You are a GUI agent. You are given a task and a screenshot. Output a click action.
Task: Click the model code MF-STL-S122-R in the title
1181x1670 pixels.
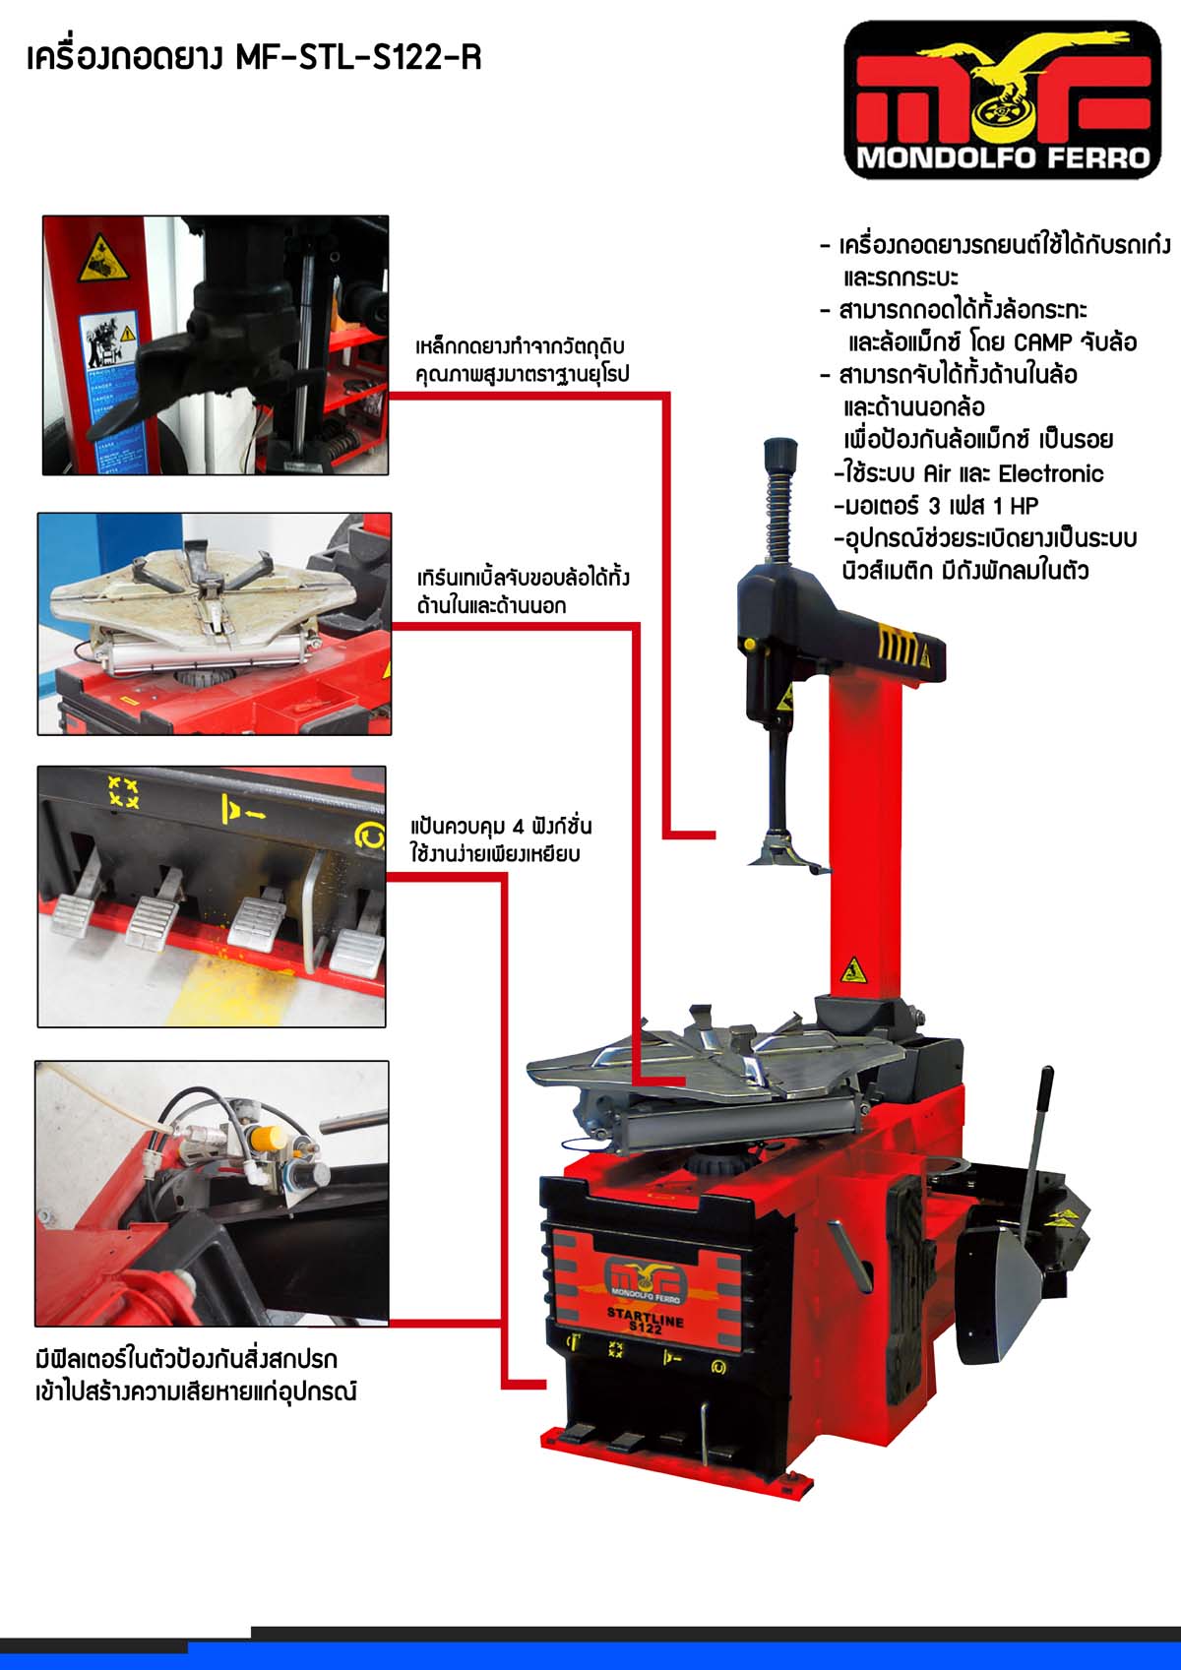click(358, 57)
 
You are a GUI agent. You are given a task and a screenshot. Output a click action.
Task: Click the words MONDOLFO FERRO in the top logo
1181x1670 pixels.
click(1004, 158)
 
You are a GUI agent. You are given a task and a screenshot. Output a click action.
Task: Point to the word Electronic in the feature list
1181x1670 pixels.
click(1050, 473)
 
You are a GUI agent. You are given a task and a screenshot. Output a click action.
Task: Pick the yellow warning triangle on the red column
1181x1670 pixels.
click(853, 971)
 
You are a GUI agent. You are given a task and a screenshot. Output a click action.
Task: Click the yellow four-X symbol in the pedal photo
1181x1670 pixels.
click(123, 792)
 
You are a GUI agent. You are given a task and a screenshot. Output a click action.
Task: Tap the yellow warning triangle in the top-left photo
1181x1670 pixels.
click(102, 259)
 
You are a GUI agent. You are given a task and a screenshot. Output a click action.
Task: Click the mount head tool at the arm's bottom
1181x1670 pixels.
click(785, 853)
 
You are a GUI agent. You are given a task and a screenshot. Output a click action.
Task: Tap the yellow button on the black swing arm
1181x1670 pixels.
click(746, 643)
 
